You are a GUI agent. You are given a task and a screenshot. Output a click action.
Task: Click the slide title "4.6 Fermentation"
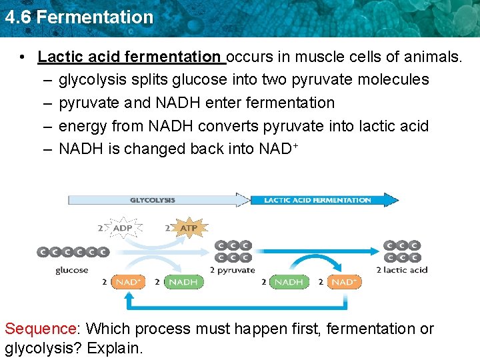click(79, 17)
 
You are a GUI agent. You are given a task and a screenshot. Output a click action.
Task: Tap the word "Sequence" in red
click(41, 329)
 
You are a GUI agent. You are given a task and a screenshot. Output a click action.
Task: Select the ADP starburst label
click(122, 228)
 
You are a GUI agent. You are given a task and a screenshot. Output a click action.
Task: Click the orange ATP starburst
click(189, 228)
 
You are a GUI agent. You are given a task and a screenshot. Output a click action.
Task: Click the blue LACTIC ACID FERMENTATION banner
click(320, 199)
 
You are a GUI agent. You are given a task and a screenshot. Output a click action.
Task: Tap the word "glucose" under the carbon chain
click(72, 270)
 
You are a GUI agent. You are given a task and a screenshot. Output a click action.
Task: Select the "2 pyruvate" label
click(232, 270)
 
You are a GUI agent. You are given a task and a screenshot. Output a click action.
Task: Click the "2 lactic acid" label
click(401, 270)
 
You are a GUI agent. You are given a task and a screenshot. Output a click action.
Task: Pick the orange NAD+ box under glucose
click(127, 282)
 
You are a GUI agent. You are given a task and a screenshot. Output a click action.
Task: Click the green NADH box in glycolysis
click(183, 282)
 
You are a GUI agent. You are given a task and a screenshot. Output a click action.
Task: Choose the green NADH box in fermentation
click(289, 282)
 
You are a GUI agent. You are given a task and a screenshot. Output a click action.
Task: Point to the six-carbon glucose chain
click(73, 252)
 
